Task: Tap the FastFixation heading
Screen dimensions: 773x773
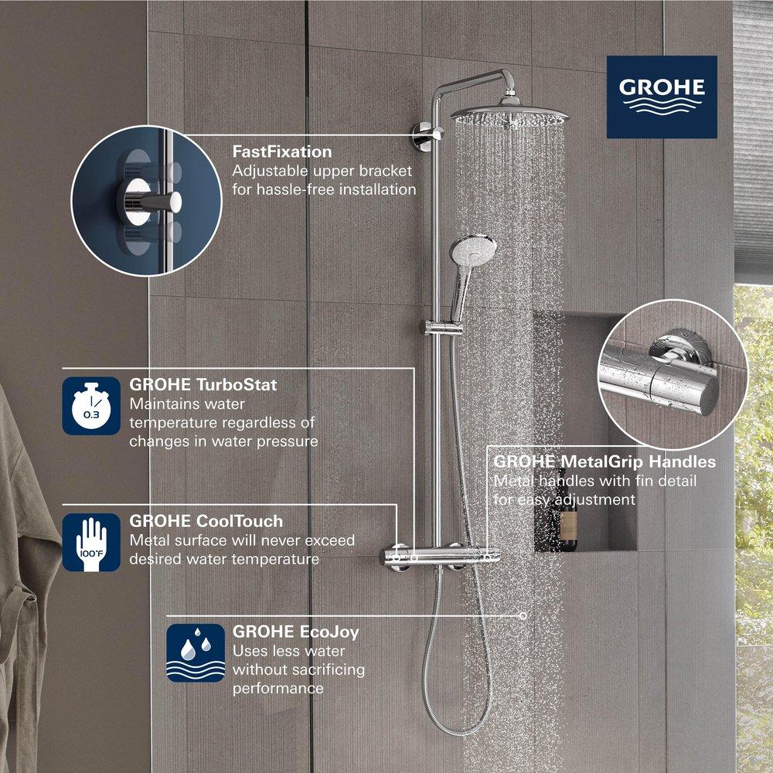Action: point(282,152)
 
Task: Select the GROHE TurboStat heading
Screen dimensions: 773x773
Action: point(203,384)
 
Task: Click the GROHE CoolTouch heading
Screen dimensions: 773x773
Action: point(206,521)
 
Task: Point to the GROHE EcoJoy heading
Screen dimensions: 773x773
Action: point(295,632)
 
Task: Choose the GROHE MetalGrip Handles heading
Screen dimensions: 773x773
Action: point(604,462)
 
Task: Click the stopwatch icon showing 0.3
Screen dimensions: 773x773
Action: point(91,406)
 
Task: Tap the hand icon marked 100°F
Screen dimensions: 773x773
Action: point(91,543)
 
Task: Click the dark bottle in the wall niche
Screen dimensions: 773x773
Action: point(567,530)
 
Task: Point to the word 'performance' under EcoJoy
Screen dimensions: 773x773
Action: point(278,688)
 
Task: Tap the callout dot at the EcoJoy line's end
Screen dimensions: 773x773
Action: point(523,616)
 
